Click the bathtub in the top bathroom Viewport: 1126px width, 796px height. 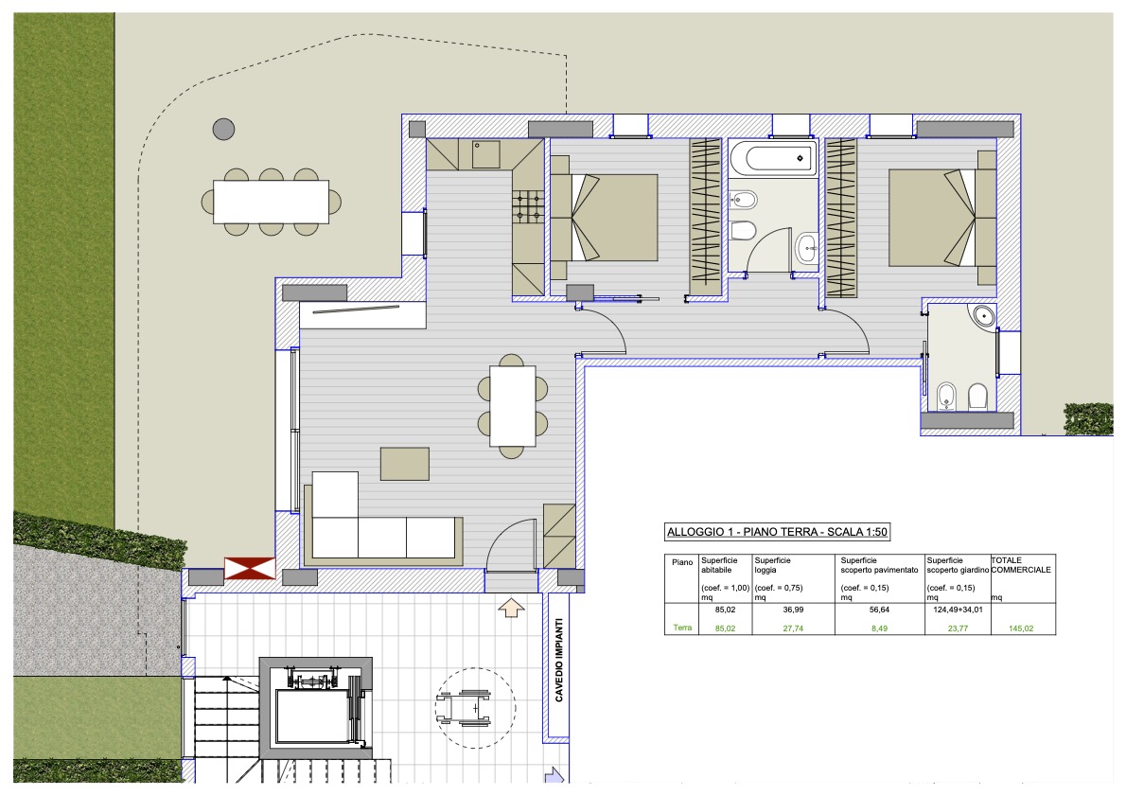[x=773, y=158]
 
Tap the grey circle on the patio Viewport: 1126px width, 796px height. [x=224, y=130]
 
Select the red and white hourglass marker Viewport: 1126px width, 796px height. [x=250, y=568]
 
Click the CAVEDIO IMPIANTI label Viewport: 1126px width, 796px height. [x=559, y=660]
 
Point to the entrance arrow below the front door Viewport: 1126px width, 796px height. [x=511, y=608]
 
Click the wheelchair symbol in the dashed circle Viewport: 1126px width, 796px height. [x=464, y=707]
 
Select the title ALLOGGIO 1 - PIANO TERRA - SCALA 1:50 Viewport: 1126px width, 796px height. [x=777, y=532]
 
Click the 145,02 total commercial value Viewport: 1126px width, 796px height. [x=1020, y=628]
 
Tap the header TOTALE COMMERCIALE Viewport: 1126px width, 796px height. [x=1021, y=565]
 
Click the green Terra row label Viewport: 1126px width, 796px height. [x=682, y=628]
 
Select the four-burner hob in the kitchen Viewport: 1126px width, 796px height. [x=527, y=205]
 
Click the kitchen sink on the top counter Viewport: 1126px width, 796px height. [x=485, y=154]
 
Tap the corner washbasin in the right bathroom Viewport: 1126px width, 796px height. [x=982, y=316]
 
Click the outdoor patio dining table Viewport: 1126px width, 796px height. [x=271, y=202]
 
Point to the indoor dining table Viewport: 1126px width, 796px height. [x=513, y=406]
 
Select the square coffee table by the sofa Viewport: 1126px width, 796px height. [x=405, y=464]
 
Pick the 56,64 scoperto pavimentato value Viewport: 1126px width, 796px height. [x=879, y=610]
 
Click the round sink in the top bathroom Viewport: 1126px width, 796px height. [x=806, y=248]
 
